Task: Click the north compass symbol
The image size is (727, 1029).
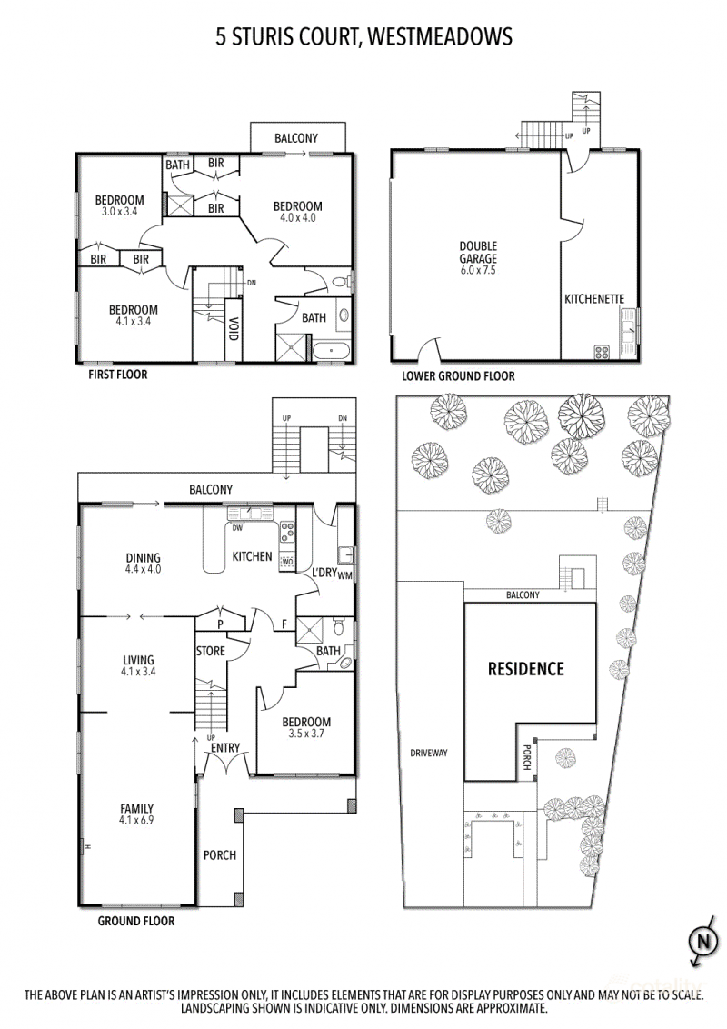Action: [703, 943]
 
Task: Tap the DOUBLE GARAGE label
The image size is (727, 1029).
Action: [478, 253]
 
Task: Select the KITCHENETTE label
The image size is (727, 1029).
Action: [594, 298]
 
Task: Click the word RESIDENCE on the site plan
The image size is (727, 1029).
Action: [525, 669]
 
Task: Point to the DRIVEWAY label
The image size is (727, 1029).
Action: [428, 753]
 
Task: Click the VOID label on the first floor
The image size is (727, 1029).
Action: [233, 328]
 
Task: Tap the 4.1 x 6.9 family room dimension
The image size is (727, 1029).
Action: [136, 820]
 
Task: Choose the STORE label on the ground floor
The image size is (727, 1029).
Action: [211, 651]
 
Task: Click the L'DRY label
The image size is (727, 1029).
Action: [324, 573]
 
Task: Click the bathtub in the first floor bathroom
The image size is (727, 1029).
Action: [332, 351]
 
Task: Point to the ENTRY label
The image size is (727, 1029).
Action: [225, 747]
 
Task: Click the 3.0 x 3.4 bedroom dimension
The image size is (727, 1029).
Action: [119, 212]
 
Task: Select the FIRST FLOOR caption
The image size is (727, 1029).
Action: [118, 375]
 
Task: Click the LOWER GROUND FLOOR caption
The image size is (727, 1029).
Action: [458, 376]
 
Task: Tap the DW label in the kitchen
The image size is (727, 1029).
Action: [237, 527]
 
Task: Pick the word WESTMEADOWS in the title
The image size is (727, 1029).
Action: [440, 36]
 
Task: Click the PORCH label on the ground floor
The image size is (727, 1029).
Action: [220, 855]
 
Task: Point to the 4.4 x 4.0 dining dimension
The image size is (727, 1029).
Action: [143, 570]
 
